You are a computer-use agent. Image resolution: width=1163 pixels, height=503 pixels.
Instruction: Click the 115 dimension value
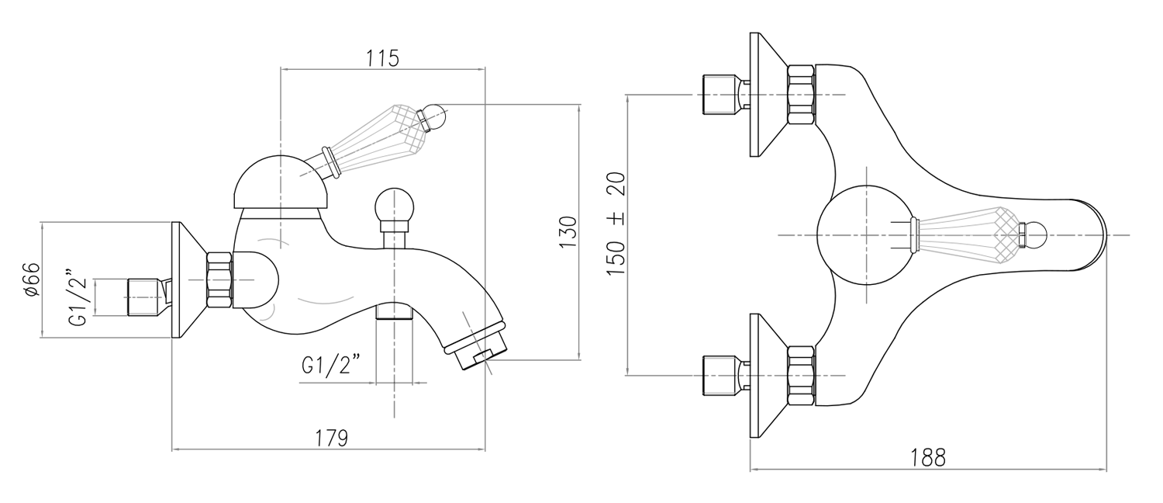point(381,58)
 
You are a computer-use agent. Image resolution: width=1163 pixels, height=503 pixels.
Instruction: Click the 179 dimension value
point(331,437)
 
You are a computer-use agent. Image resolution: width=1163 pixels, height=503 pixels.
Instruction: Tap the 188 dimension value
point(928,458)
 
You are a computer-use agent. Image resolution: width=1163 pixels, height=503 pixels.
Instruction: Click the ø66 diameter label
point(32,279)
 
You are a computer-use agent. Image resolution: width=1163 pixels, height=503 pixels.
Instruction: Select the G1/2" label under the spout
point(330,365)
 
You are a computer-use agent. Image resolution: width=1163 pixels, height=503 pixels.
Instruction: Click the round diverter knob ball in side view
point(394,206)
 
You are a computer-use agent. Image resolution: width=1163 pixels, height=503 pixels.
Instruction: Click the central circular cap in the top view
point(862,235)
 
